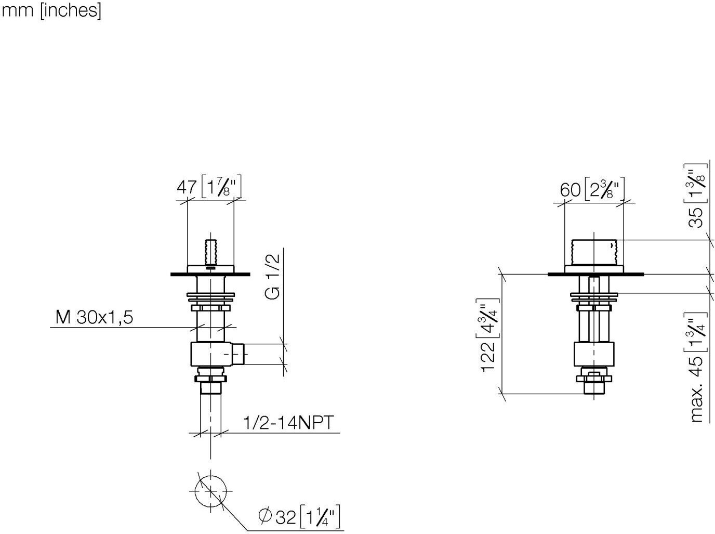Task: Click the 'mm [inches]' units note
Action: pos(51,11)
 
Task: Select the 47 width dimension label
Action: pos(187,188)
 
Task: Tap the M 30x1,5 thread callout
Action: pos(95,317)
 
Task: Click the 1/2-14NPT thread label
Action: pos(288,423)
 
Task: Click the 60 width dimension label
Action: pos(570,190)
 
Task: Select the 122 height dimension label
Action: pos(487,357)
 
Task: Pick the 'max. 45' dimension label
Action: pos(697,390)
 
